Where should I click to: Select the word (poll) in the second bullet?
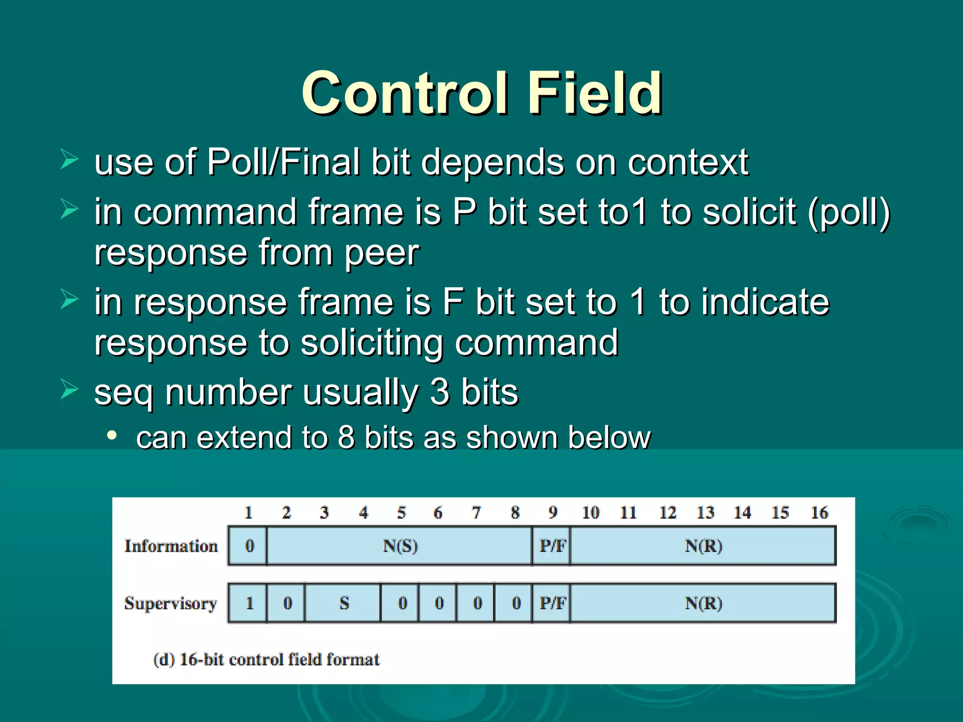849,212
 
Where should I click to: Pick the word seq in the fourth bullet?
124,393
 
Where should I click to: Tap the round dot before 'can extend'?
111,436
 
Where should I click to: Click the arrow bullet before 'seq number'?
69,390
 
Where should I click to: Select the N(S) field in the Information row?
400,546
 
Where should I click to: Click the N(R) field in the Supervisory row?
703,604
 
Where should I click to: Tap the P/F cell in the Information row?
552,546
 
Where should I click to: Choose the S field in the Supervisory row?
344,604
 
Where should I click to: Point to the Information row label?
171,546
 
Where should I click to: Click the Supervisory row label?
171,604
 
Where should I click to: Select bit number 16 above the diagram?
819,513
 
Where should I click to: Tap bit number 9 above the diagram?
553,513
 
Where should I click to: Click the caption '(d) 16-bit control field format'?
266,660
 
